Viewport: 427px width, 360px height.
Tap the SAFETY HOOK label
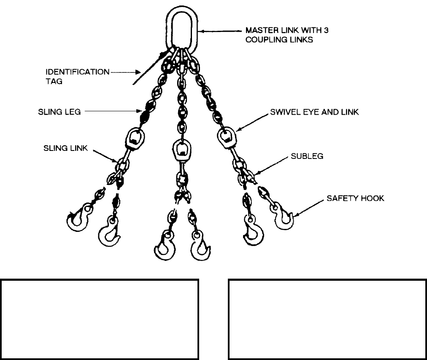[356, 198]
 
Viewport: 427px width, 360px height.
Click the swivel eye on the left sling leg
[135, 137]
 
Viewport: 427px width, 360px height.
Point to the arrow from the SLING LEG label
[112, 112]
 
